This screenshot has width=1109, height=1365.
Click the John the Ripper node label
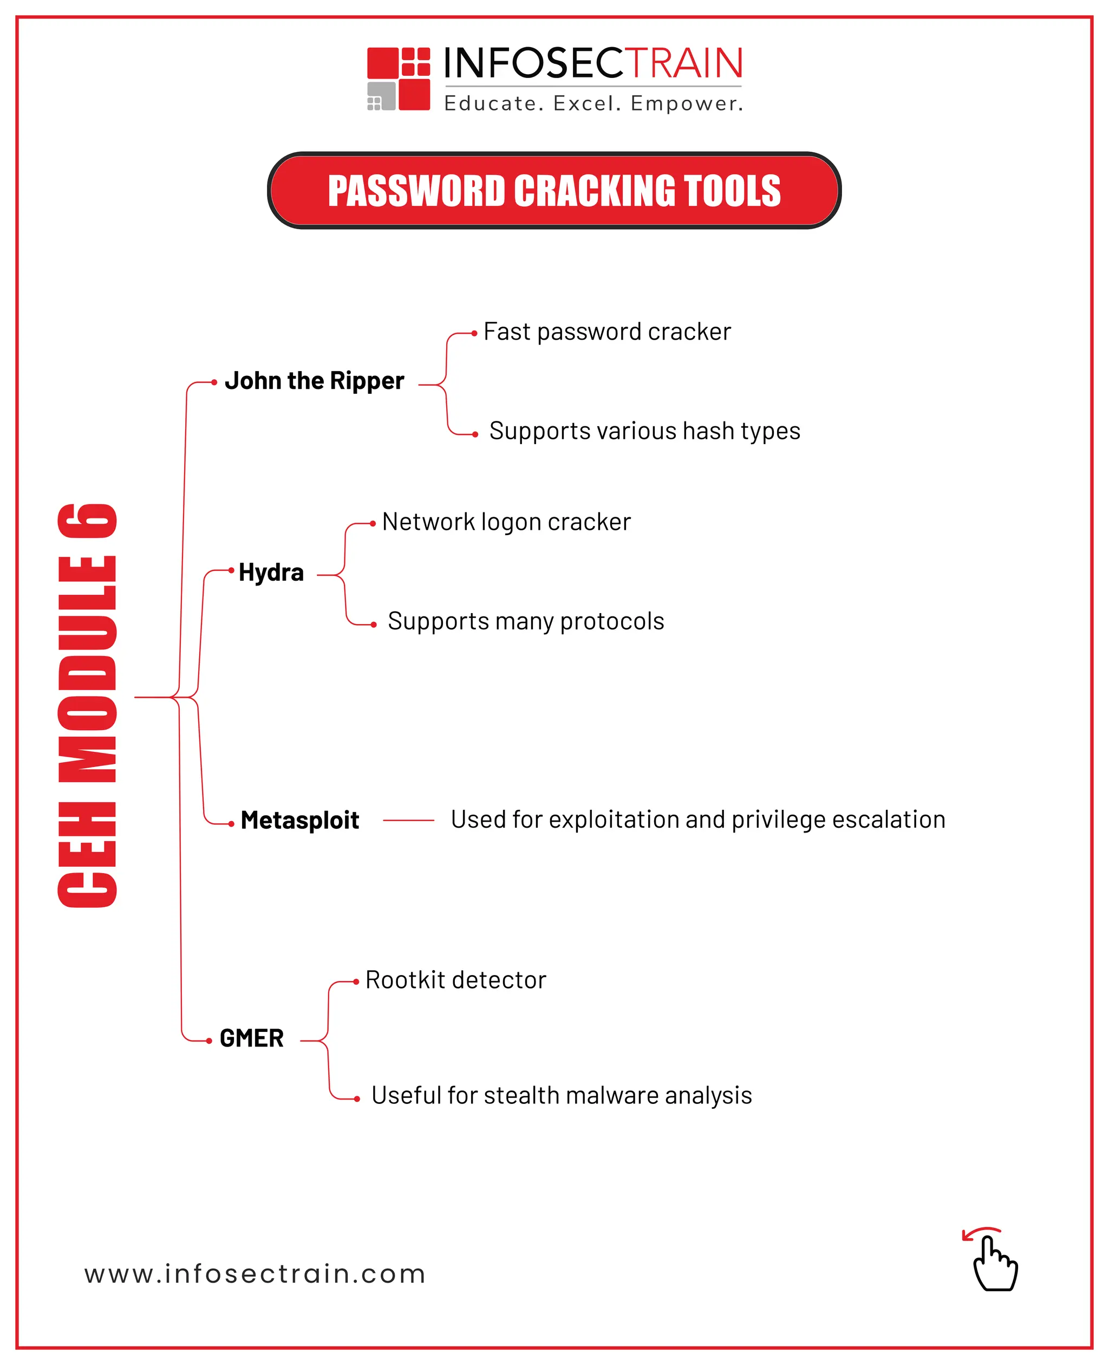click(314, 381)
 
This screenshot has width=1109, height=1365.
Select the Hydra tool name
click(271, 572)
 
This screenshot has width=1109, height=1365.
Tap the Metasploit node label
click(299, 820)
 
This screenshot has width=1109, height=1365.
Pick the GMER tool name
click(252, 1038)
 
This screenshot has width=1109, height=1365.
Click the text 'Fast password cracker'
click(607, 331)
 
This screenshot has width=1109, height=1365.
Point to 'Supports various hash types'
click(644, 431)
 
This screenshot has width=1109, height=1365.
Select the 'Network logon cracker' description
click(506, 522)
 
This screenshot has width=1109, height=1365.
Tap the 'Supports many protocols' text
click(526, 621)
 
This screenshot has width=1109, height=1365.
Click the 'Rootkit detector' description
click(455, 980)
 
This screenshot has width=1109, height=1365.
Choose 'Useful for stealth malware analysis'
click(562, 1095)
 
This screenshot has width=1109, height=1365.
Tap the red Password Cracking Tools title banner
click(554, 191)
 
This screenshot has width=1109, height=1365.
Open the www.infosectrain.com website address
click(255, 1274)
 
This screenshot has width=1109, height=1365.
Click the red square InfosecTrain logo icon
click(399, 79)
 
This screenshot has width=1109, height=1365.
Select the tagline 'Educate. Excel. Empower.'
click(593, 103)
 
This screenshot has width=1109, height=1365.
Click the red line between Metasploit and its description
click(409, 820)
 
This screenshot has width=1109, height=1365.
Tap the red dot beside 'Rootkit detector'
click(356, 982)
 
